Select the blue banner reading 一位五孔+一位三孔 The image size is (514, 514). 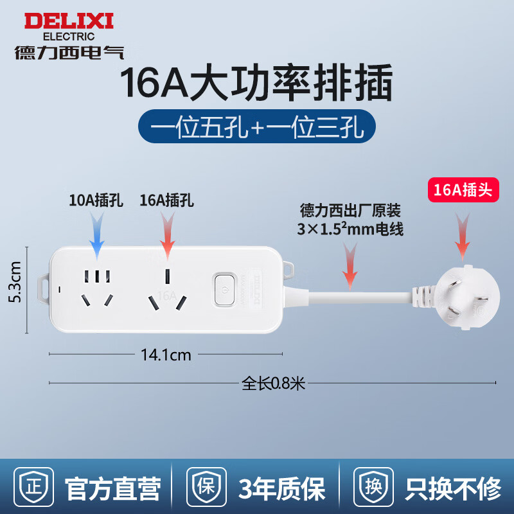pos(257,127)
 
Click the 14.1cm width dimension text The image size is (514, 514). pos(166,354)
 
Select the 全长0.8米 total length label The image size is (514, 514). pos(272,384)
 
